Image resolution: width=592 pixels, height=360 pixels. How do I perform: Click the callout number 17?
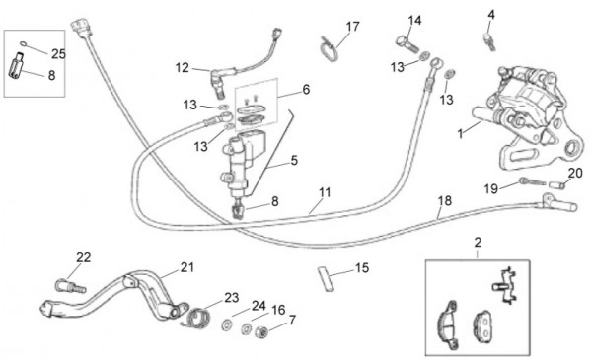(352, 26)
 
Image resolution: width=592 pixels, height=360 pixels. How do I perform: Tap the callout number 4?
(491, 14)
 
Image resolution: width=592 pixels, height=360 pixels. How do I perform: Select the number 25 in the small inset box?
(58, 53)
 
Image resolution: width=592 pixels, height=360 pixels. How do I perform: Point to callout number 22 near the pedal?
(83, 257)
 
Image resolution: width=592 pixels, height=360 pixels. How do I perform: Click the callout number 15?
(362, 267)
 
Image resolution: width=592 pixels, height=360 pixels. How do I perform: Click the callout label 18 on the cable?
(445, 201)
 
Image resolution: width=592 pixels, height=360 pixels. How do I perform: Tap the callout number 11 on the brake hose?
(325, 191)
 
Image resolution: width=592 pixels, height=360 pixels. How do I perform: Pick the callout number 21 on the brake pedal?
(187, 267)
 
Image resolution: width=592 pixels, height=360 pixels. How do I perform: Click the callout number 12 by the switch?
(183, 67)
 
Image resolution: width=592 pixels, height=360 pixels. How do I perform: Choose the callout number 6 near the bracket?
(306, 89)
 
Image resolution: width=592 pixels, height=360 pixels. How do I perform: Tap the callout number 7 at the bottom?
(291, 321)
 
